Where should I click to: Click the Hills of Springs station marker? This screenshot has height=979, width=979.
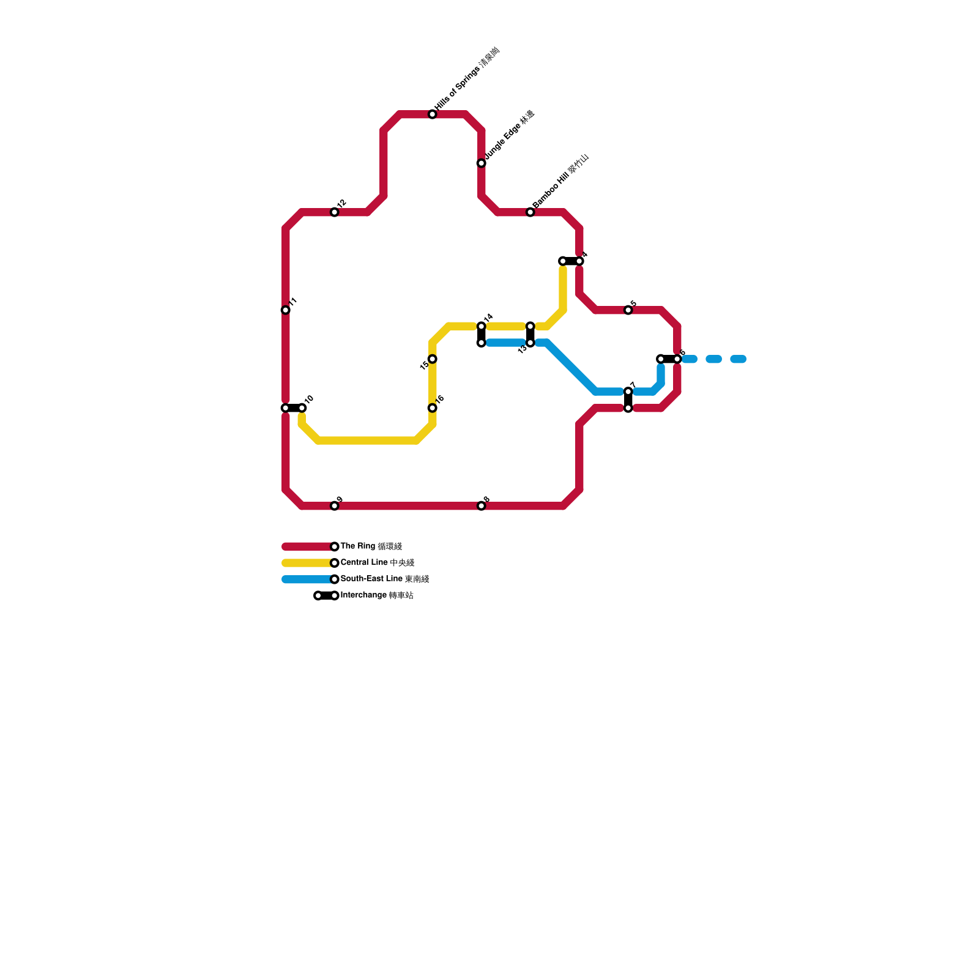tap(433, 114)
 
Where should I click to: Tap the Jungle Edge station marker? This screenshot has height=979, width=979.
tap(482, 163)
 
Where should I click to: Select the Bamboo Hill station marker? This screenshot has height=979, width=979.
tap(530, 212)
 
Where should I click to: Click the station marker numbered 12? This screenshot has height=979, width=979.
tap(335, 212)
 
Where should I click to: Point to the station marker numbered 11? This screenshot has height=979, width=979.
tap(286, 310)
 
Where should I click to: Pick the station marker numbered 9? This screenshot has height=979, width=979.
tap(335, 506)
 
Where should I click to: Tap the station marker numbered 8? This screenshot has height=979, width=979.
tap(482, 506)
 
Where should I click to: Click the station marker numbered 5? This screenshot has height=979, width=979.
tap(628, 310)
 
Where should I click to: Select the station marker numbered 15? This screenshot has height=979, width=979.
tap(433, 359)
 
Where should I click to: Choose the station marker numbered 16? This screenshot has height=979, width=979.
tap(433, 408)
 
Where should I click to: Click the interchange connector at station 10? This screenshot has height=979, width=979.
tap(294, 408)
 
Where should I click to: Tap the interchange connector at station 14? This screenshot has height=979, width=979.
tap(482, 335)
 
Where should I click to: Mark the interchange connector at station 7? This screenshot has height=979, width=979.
tap(628, 400)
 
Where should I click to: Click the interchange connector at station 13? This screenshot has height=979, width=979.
tap(530, 335)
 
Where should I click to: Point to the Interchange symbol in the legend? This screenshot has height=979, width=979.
tap(326, 596)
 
